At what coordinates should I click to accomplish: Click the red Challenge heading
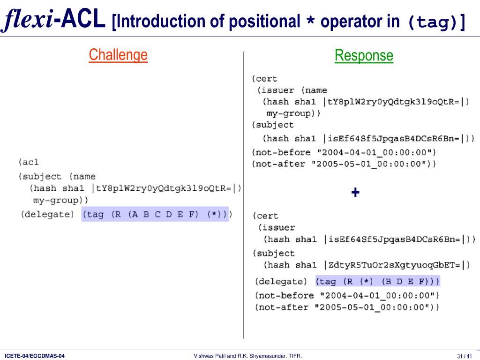[x=118, y=55]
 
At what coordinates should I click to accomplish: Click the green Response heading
[x=364, y=56]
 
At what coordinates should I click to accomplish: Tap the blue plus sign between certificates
[x=355, y=192]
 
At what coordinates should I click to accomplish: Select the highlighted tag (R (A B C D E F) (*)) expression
[x=155, y=214]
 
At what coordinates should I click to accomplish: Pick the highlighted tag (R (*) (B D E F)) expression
[x=377, y=281]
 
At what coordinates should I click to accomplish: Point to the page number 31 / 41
[x=464, y=356]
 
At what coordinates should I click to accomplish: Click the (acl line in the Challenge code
[x=29, y=162]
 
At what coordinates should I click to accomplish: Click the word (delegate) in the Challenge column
[x=47, y=214]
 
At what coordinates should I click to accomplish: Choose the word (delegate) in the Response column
[x=281, y=282]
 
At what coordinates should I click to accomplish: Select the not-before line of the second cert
[x=347, y=295]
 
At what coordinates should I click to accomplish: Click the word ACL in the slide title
[x=83, y=20]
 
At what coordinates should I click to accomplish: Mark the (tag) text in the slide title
[x=436, y=21]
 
